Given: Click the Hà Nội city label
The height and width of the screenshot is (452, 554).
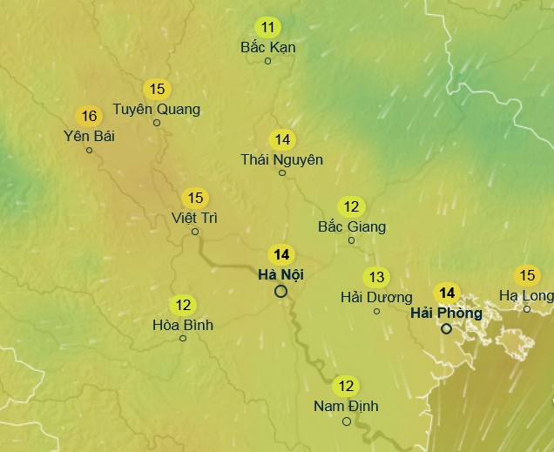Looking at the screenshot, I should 280,275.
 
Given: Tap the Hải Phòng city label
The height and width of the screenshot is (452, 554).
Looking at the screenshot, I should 446,313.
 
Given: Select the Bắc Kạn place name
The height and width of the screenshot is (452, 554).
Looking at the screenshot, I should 267,47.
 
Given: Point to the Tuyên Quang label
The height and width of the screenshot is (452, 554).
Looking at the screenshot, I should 157,109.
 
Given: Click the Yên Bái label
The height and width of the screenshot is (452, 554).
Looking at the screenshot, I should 89,136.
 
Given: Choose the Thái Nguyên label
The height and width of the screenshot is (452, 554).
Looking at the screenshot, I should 281,159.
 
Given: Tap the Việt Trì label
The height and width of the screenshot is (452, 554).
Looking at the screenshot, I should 195,218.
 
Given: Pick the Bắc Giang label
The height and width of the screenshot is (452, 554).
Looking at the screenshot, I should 352,226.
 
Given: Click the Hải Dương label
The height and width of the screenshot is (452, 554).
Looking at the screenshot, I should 376,298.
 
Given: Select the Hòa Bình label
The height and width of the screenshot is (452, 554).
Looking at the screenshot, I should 183,325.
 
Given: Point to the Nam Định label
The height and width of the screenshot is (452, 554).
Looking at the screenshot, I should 346,406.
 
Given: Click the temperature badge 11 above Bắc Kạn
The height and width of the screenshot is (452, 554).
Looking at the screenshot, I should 267,27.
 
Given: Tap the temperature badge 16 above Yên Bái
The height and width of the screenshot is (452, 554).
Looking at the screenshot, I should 89,116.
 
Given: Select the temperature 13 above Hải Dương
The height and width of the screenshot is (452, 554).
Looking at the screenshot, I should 376,278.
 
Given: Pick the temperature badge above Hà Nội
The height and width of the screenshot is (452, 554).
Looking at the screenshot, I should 280,255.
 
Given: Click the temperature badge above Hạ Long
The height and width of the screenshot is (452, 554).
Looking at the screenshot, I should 527,276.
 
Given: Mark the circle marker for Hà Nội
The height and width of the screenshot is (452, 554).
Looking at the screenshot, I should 280,292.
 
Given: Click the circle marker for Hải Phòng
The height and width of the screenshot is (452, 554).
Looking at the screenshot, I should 446,328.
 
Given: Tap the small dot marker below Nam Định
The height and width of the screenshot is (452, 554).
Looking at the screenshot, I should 346,422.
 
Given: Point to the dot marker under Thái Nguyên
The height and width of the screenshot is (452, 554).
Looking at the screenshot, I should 281,172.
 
